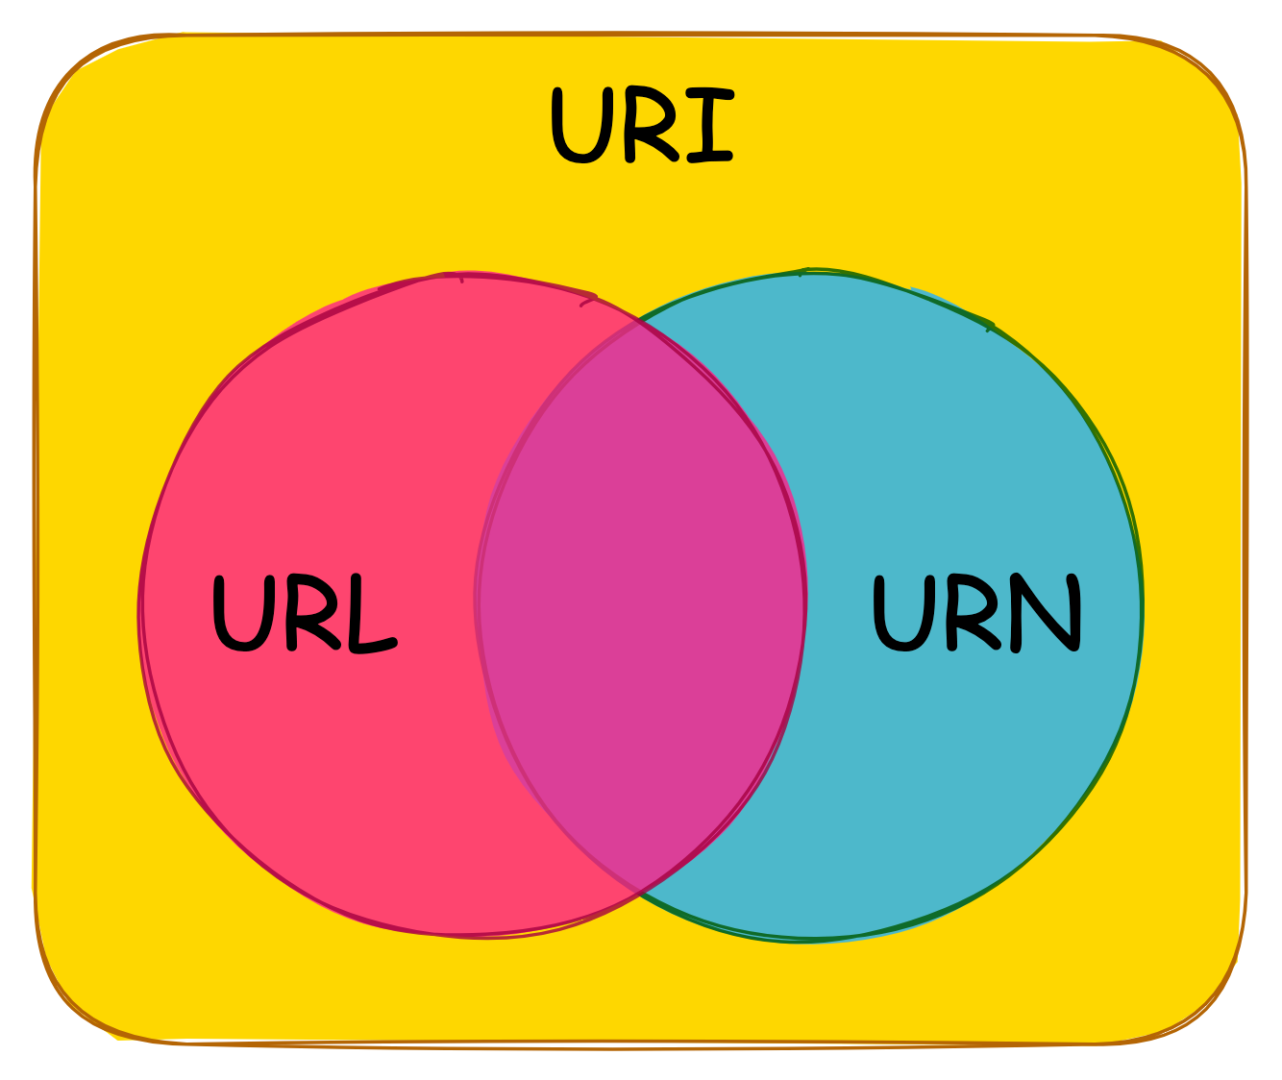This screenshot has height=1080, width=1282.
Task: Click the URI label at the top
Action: point(642,126)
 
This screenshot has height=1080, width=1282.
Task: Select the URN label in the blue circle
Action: point(976,612)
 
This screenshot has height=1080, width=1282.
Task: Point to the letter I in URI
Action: point(709,126)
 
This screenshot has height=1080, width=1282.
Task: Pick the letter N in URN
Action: point(1047,612)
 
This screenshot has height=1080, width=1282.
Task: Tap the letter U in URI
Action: point(579,126)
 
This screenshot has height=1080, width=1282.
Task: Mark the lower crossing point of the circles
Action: point(639,894)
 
